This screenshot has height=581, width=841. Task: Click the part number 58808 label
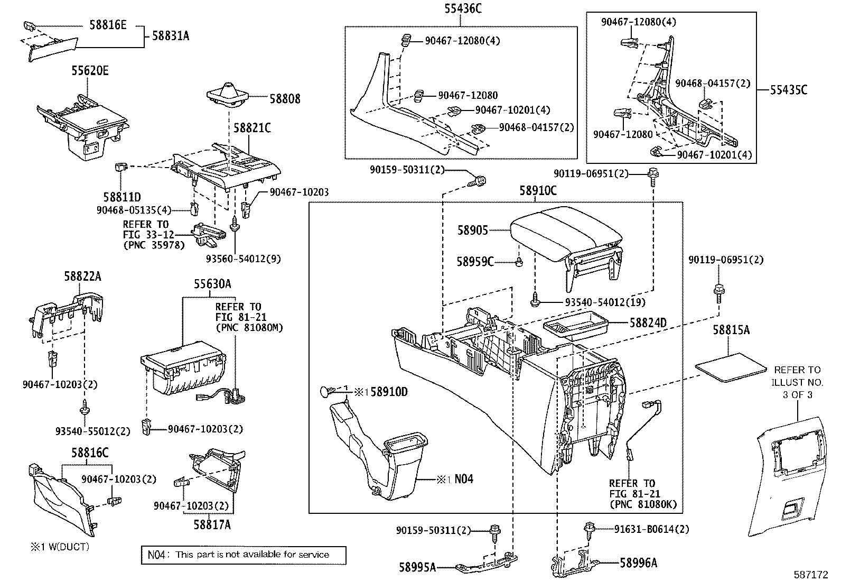click(285, 99)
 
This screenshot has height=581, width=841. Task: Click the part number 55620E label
click(90, 71)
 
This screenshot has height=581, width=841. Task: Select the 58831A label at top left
click(171, 36)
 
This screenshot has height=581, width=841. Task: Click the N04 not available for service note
click(243, 555)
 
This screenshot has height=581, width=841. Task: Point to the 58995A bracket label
click(417, 567)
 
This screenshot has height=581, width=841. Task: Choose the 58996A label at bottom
click(639, 563)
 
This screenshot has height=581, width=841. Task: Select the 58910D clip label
click(389, 392)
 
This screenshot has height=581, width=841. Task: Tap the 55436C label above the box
click(463, 8)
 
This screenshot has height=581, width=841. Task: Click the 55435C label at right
click(788, 90)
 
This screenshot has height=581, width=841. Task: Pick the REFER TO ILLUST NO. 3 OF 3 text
click(797, 382)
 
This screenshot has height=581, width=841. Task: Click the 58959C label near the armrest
click(475, 261)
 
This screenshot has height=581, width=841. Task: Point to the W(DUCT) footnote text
click(59, 547)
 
